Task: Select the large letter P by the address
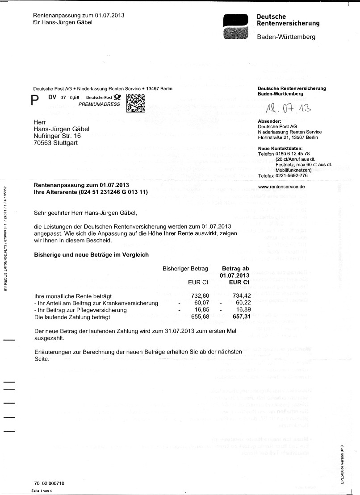(x=35, y=101)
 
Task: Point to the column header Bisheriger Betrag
(x=185, y=269)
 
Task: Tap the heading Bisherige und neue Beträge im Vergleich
(x=92, y=254)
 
